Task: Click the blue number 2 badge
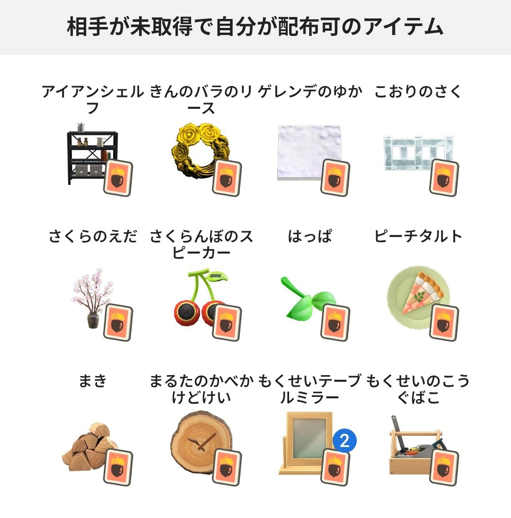click(x=344, y=441)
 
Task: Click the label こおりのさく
click(x=418, y=92)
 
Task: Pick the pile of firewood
click(x=85, y=447)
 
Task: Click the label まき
click(x=93, y=381)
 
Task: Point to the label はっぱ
click(x=310, y=236)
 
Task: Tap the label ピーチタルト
click(x=418, y=236)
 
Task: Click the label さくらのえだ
click(x=93, y=236)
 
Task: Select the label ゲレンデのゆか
click(x=310, y=92)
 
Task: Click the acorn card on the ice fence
click(x=444, y=177)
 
